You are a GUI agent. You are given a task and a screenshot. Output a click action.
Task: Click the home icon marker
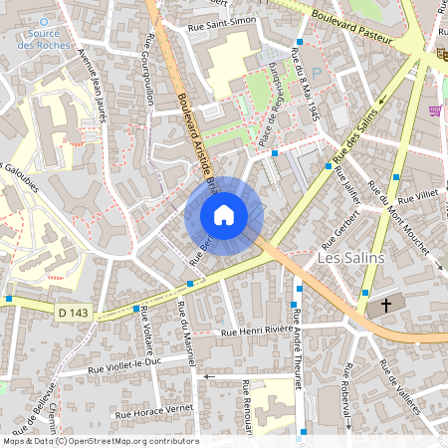click(224, 215)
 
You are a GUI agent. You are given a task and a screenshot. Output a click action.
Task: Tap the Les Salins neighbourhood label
click(349, 257)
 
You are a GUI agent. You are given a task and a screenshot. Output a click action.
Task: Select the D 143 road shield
click(73, 313)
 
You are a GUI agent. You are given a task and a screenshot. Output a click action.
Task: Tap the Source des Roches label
click(43, 39)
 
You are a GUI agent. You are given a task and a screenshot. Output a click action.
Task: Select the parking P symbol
click(317, 73)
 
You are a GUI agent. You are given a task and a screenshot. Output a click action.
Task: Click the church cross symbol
click(384, 306)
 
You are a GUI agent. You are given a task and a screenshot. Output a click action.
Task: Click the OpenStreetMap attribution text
click(101, 441)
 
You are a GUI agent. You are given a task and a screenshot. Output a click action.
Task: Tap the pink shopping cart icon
click(435, 111)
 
